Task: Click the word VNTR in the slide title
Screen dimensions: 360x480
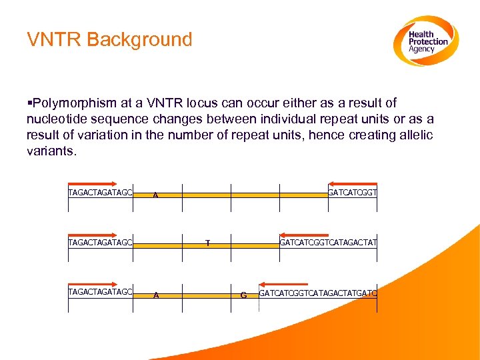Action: (54, 39)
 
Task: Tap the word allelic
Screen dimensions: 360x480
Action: (413, 135)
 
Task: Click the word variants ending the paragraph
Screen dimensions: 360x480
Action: (51, 151)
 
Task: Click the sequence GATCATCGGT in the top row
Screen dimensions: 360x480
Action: (353, 193)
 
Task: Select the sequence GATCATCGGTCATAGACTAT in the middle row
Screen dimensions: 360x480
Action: (328, 243)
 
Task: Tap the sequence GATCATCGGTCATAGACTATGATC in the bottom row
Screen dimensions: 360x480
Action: (317, 293)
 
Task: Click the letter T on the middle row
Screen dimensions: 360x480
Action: (207, 243)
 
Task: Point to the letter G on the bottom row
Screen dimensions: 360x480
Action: (243, 295)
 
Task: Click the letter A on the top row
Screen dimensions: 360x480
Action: (155, 195)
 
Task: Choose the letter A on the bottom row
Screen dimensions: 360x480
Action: (155, 295)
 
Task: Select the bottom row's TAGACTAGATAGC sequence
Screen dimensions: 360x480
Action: (100, 291)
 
